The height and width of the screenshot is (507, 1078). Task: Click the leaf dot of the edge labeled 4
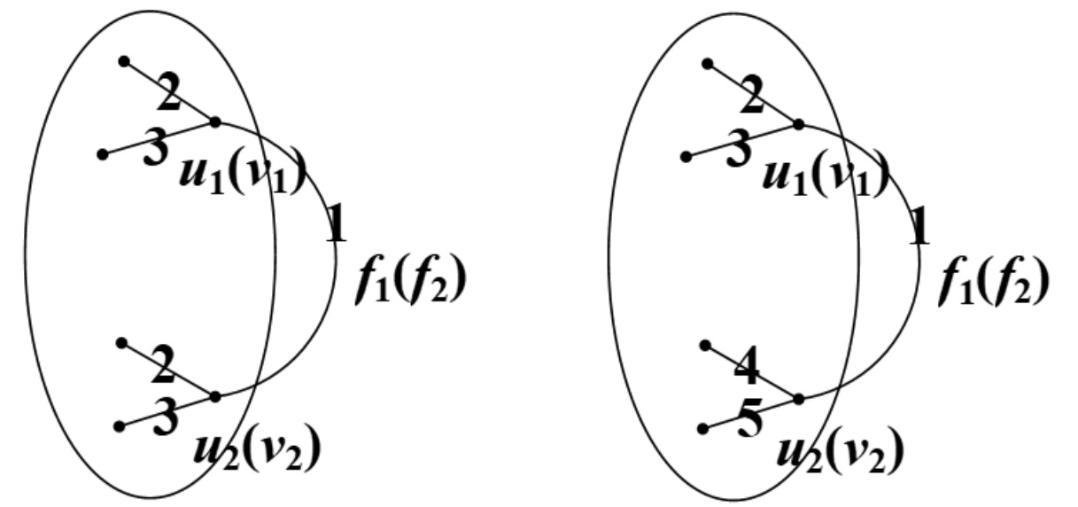pyautogui.click(x=706, y=344)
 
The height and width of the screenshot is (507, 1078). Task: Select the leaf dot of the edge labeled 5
pyautogui.click(x=702, y=428)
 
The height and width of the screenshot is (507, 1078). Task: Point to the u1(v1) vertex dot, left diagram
pyautogui.click(x=214, y=121)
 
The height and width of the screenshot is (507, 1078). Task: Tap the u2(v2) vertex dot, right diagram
pyautogui.click(x=798, y=399)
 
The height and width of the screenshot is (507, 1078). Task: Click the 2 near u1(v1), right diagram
pyautogui.click(x=752, y=96)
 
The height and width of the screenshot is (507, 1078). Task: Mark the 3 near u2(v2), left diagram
pyautogui.click(x=164, y=417)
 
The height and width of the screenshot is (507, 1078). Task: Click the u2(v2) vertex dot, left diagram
pyautogui.click(x=214, y=396)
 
